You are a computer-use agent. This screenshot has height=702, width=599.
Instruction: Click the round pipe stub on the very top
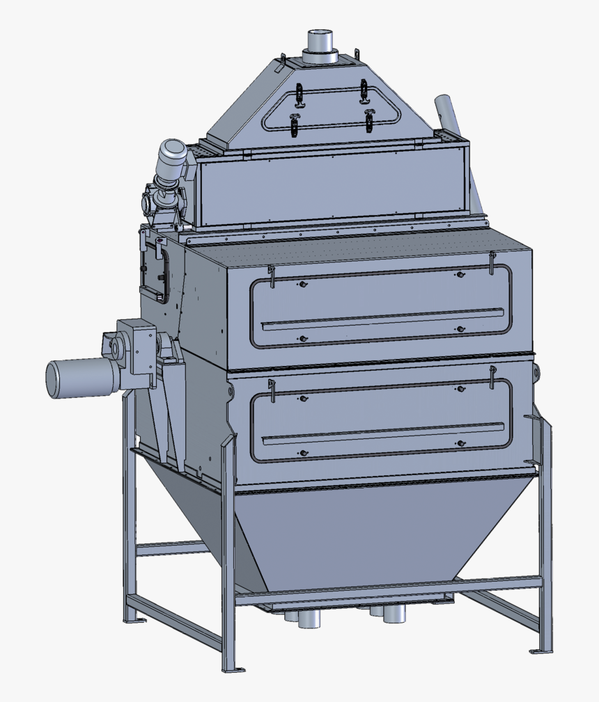tap(321, 43)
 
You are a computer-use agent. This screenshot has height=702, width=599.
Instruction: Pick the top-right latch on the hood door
tap(363, 89)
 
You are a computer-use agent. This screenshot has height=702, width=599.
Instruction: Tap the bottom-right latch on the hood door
tap(369, 120)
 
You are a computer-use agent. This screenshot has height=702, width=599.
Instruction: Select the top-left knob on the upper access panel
tap(302, 285)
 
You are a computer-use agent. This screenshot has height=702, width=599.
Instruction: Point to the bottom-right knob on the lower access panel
tap(460, 443)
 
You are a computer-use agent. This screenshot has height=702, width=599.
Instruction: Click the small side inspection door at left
tap(155, 274)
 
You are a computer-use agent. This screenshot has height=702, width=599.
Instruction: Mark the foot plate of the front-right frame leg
tap(540, 651)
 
